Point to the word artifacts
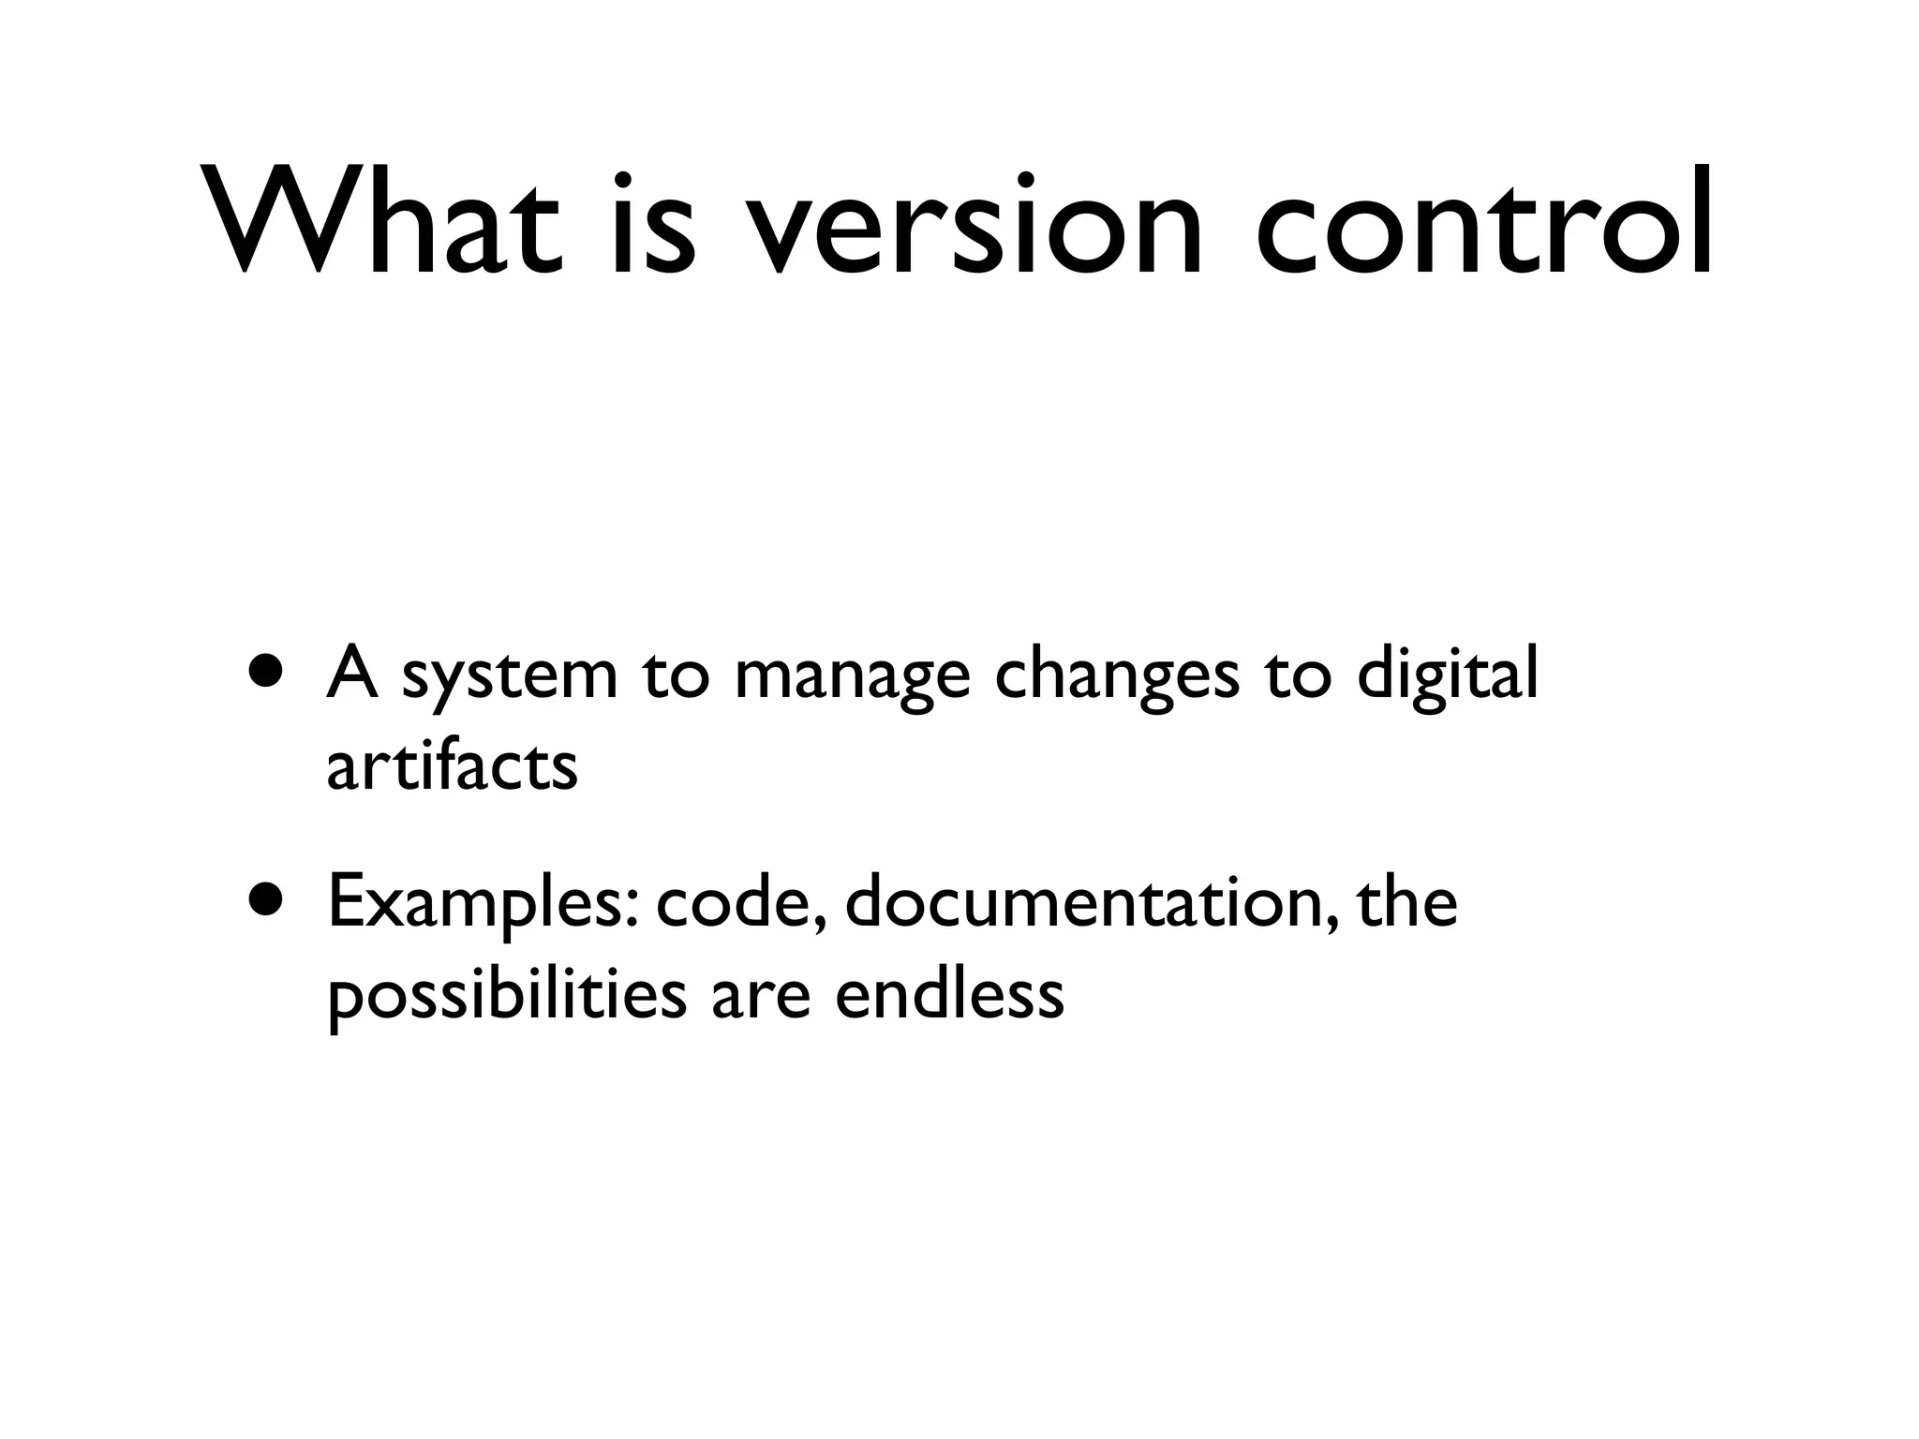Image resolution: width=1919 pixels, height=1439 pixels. click(452, 766)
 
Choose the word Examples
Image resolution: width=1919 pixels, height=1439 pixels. click(479, 905)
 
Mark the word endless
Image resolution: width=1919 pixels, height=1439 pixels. click(948, 993)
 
